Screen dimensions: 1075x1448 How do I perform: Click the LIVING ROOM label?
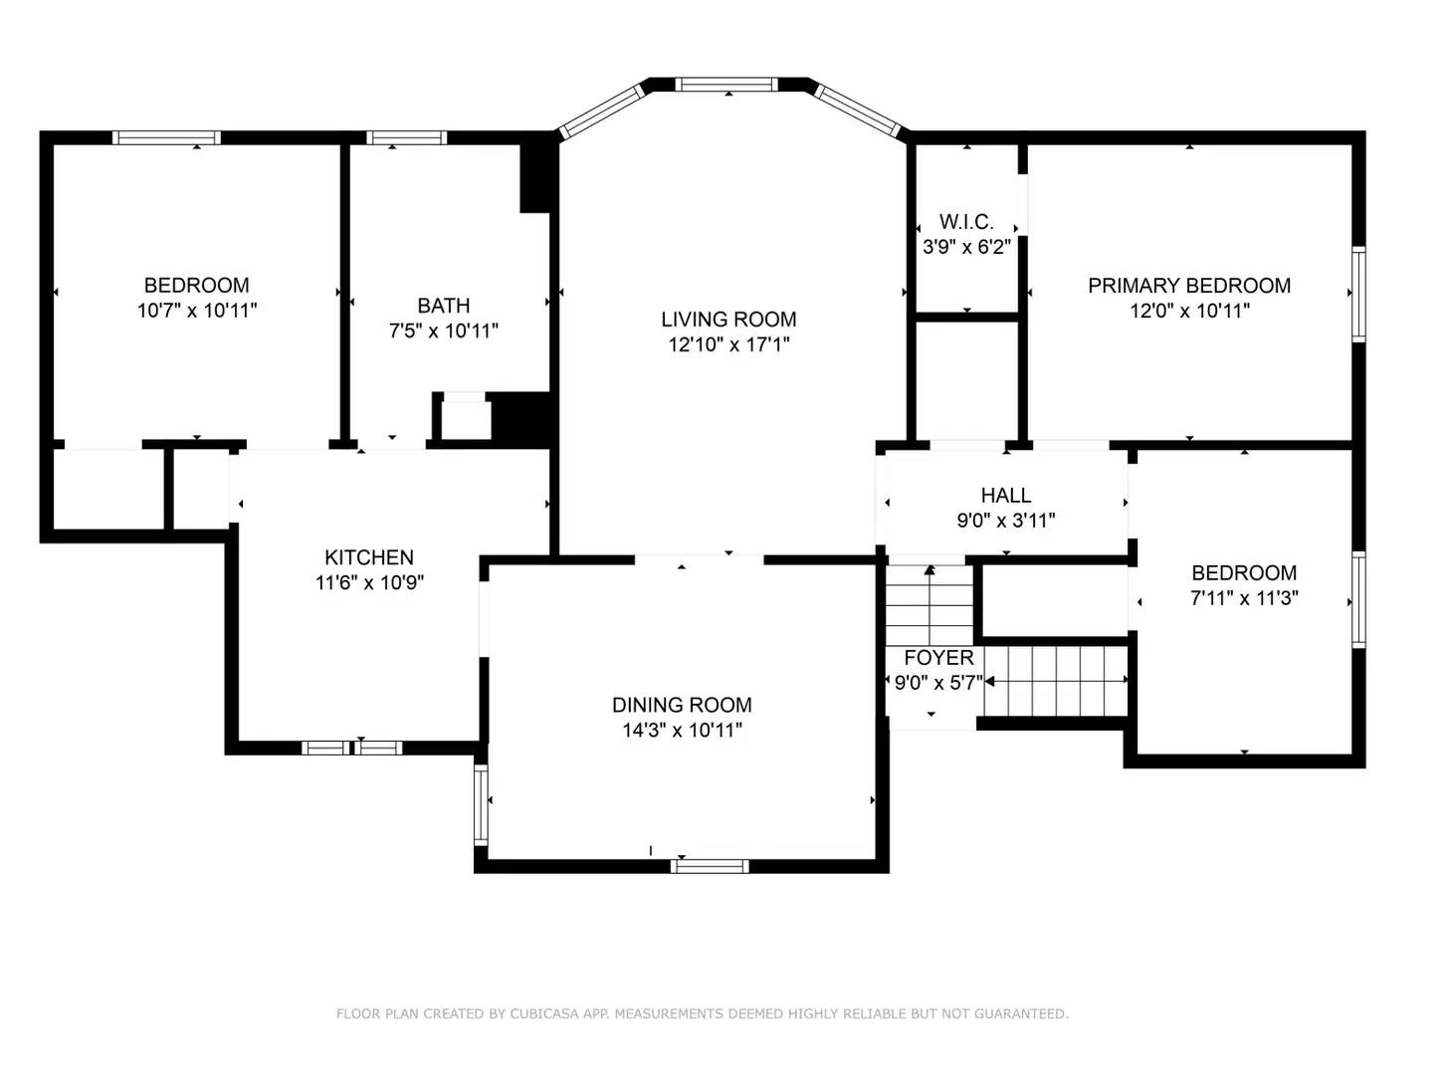(x=728, y=320)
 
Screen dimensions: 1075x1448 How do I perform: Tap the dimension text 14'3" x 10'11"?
(x=682, y=731)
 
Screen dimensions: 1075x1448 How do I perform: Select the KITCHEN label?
(x=369, y=557)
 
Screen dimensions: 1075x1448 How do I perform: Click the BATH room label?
(x=444, y=306)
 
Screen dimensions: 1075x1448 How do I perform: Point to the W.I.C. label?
(x=966, y=222)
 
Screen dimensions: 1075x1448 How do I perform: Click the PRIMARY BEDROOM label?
(x=1189, y=286)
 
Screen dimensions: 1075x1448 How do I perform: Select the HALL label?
(x=1005, y=495)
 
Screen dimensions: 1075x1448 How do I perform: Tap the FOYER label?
(x=938, y=658)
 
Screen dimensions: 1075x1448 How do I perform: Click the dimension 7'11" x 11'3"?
(x=1244, y=598)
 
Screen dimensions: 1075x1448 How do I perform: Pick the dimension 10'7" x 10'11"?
(x=197, y=311)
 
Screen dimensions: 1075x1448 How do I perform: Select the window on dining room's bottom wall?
(x=710, y=866)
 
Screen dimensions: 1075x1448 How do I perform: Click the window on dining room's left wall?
(x=481, y=804)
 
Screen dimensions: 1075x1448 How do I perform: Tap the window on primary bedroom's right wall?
(x=1357, y=296)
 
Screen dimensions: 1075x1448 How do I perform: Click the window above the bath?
(x=407, y=138)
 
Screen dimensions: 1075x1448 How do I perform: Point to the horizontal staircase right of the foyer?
(x=1056, y=681)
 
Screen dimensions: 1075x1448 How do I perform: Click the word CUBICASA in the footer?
(x=545, y=1014)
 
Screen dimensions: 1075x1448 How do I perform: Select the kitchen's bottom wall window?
(x=352, y=748)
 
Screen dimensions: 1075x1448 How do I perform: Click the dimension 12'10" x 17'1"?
(x=728, y=345)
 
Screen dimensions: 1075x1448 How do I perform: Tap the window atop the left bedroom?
(x=166, y=138)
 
